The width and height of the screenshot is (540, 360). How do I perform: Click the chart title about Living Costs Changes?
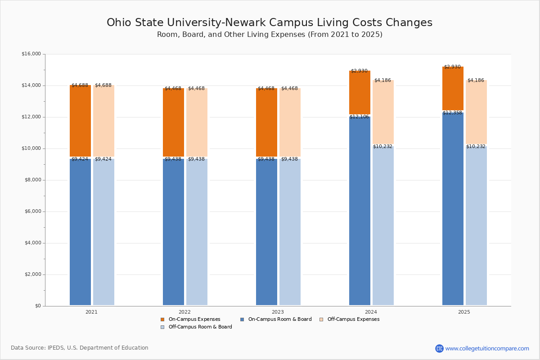click(269, 23)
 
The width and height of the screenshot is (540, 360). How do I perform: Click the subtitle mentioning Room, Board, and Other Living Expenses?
click(269, 35)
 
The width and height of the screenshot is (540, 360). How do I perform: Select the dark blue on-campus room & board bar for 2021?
click(80, 232)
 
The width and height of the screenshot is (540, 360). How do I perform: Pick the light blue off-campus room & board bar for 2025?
click(476, 225)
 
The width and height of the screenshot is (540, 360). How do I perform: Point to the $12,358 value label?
click(452, 112)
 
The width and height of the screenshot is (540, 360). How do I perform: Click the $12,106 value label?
click(359, 117)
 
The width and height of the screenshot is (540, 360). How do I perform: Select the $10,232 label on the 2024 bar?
click(382, 146)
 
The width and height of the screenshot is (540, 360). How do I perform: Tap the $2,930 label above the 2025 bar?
click(452, 67)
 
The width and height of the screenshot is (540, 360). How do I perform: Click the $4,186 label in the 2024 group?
click(382, 80)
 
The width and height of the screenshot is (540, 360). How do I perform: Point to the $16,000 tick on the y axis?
click(31, 54)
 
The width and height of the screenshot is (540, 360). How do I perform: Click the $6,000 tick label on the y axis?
click(32, 211)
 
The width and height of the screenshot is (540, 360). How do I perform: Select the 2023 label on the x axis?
click(278, 312)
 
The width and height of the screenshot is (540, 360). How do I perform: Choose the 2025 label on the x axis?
click(464, 312)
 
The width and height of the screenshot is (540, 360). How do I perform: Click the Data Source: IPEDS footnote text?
click(80, 348)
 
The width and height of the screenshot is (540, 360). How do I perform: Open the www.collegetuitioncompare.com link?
click(487, 348)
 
